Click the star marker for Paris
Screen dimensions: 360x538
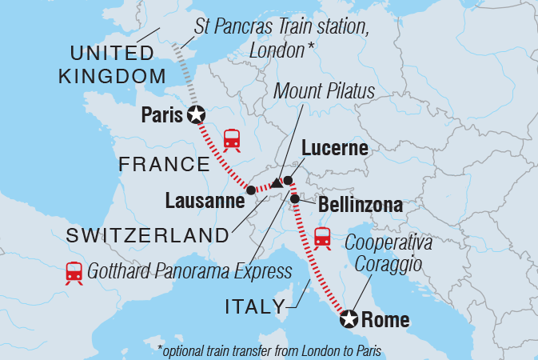click(x=196, y=115)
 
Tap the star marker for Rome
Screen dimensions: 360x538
click(x=349, y=320)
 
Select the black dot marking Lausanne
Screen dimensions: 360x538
click(x=251, y=190)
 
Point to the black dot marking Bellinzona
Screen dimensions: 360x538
click(x=295, y=198)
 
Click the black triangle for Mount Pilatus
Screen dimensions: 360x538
click(x=276, y=183)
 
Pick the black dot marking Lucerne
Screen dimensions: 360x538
click(x=288, y=181)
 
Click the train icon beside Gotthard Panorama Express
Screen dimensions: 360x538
click(x=74, y=273)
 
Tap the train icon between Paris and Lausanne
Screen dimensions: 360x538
click(x=232, y=139)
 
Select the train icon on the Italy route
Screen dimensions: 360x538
click(x=323, y=238)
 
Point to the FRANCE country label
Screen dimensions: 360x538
click(x=163, y=165)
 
